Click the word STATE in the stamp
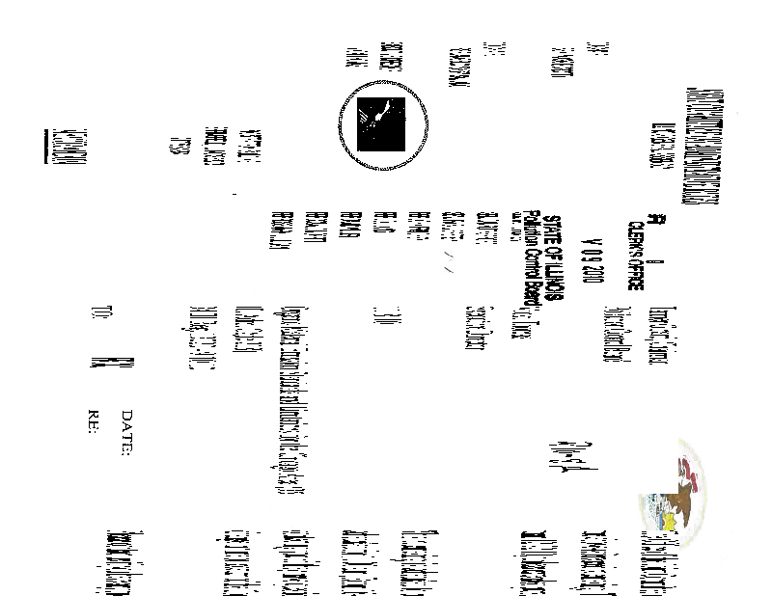(x=555, y=221)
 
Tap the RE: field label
(x=94, y=421)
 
